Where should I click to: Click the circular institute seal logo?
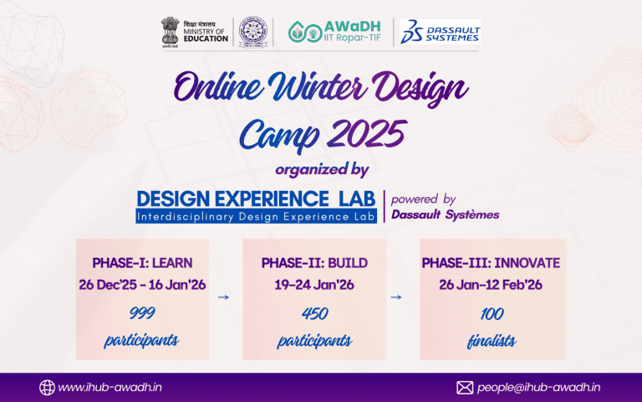[x=250, y=33]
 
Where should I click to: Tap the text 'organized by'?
[x=321, y=169]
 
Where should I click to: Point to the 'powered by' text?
[x=423, y=198]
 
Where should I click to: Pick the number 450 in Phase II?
[x=314, y=314]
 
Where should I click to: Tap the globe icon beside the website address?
[x=47, y=387]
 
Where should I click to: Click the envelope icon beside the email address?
[x=465, y=387]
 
